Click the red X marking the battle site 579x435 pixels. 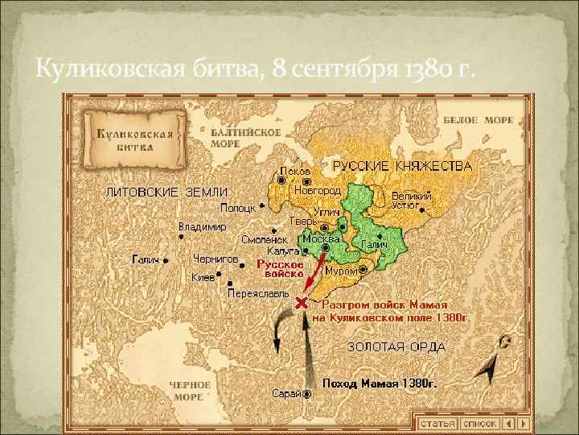pos(302,303)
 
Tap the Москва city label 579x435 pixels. pos(320,239)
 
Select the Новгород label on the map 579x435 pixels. pos(317,191)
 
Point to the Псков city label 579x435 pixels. pos(294,172)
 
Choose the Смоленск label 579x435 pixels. pos(264,239)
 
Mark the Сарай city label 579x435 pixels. pos(286,393)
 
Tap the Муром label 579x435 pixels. pos(341,271)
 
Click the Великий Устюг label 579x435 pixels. pos(411,201)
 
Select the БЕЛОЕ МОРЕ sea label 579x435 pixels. pos(478,120)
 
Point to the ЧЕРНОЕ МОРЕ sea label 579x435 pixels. pos(190,391)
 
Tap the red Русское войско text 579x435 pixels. pos(280,269)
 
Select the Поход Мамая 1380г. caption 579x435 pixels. pos(380,384)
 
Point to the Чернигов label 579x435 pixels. pos(216,259)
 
